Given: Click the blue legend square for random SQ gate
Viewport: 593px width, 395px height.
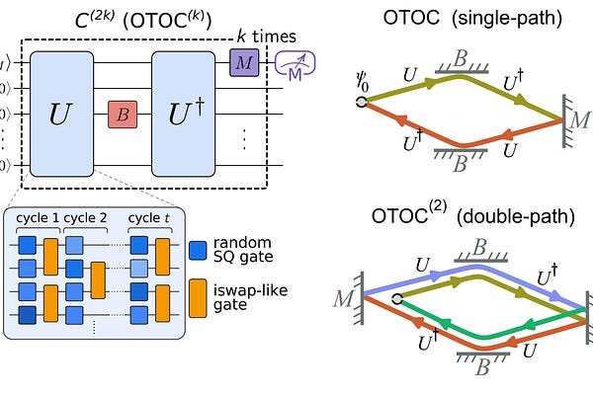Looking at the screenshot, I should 198,247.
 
